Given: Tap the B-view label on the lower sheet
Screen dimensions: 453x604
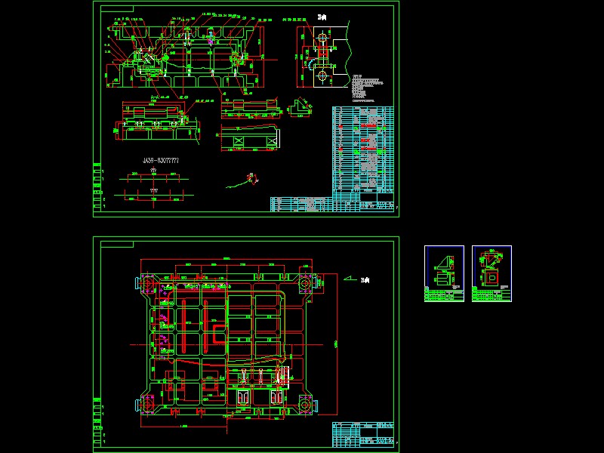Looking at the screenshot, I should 366,281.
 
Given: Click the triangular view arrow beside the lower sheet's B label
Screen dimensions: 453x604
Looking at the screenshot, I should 349,279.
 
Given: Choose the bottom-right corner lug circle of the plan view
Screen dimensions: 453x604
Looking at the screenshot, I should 305,405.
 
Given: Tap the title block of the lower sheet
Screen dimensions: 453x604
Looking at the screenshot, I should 364,436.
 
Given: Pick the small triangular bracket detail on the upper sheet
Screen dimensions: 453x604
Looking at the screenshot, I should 302,109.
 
